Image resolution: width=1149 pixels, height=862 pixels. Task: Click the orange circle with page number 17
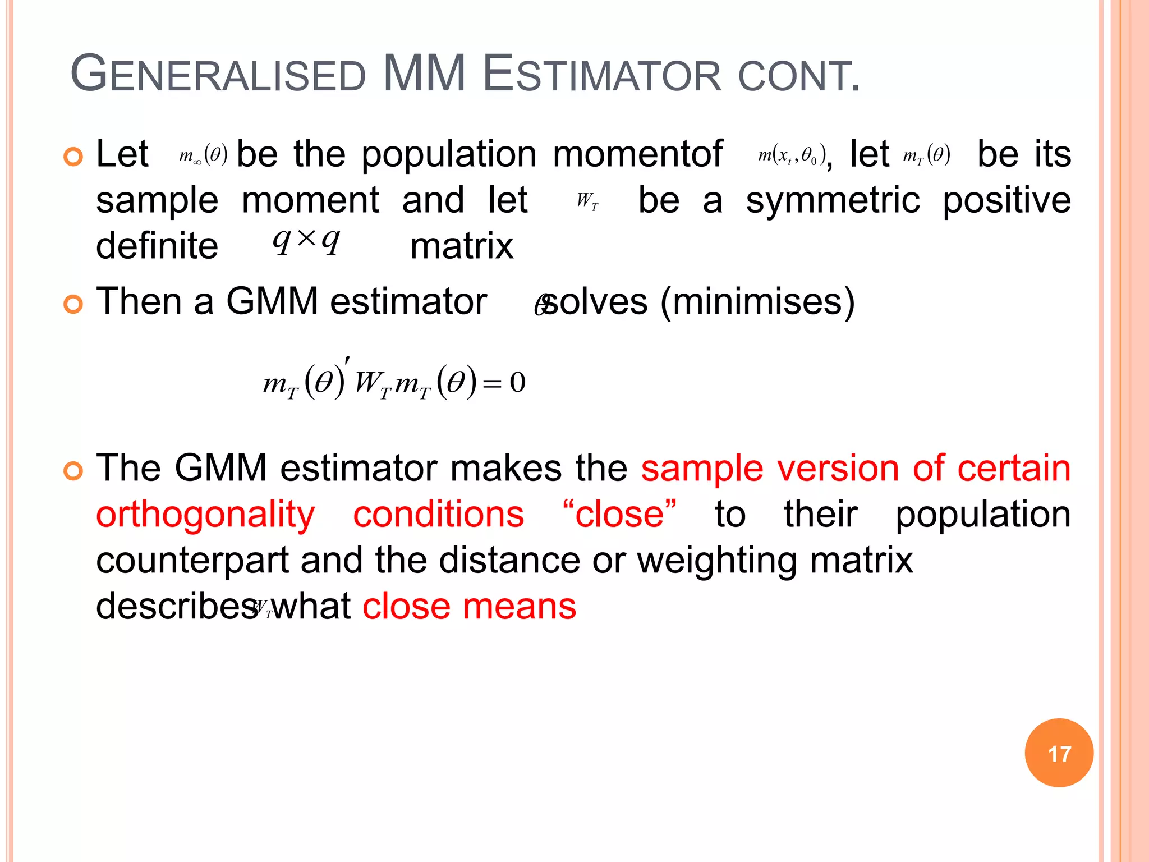[x=1059, y=753]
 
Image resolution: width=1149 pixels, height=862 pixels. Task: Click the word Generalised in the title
[x=218, y=74]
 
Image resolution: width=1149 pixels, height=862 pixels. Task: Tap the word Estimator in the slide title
[x=601, y=74]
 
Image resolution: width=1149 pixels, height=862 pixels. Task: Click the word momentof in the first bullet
[x=637, y=154]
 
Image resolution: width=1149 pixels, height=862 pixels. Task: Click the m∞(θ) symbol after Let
[x=203, y=154]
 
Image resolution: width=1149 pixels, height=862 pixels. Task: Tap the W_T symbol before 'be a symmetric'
[x=587, y=200]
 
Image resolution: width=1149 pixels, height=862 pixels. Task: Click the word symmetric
[x=833, y=200]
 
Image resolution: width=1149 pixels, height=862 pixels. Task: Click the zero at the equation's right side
[x=517, y=383]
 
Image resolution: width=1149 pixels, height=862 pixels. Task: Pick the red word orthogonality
[x=205, y=515]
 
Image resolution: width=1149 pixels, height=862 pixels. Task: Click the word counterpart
[x=192, y=560]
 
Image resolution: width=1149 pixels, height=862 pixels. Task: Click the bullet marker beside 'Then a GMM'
[x=73, y=304]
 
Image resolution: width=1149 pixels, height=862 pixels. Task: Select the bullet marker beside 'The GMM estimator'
[x=73, y=470]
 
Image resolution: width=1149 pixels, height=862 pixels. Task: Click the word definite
[x=157, y=246]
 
